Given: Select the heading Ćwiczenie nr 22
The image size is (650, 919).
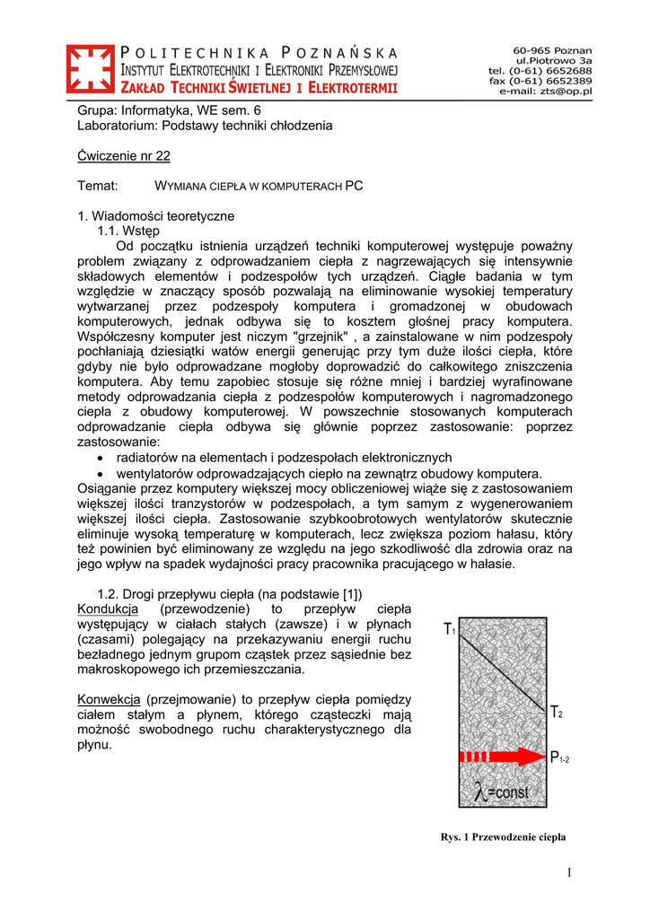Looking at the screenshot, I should click(x=124, y=155).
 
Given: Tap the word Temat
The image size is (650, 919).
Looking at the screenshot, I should click(x=99, y=186).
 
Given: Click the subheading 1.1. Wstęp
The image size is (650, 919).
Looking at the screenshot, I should click(x=128, y=231).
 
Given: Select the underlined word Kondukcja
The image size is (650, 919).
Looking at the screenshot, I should click(x=109, y=609).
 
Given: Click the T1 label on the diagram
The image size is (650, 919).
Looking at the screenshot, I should click(x=450, y=630).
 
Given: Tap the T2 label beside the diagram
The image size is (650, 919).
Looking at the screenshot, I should click(x=557, y=713).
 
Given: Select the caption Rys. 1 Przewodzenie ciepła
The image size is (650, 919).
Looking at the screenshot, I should click(x=503, y=836).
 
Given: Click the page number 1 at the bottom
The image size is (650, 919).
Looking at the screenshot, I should click(x=569, y=873).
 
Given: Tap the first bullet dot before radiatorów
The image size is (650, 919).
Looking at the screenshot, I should click(x=100, y=458).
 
